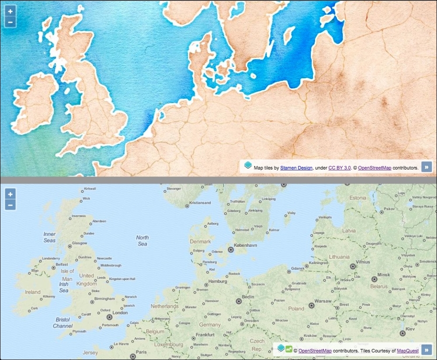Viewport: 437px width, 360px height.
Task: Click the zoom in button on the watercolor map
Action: tap(10, 11)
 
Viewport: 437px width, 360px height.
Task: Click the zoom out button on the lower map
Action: tap(10, 205)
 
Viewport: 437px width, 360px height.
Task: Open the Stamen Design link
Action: tap(296, 167)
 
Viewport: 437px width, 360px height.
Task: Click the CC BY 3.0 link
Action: tap(340, 167)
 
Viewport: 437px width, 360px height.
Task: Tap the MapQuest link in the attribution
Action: tap(408, 350)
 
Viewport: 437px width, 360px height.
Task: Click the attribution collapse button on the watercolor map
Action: tap(427, 166)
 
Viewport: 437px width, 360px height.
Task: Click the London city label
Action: tap(120, 313)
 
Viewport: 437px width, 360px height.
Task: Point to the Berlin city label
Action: tap(248, 297)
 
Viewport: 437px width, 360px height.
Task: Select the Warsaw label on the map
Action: tap(323, 301)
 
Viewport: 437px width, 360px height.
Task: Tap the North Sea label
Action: tap(142, 241)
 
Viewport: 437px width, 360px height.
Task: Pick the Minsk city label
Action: tap(384, 275)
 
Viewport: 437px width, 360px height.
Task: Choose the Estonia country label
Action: tap(358, 198)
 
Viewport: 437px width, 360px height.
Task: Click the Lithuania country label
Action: tap(339, 257)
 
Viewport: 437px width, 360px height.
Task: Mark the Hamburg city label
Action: tap(217, 282)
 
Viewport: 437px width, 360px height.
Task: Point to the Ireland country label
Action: tap(33, 292)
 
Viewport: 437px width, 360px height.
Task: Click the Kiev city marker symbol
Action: tap(402, 333)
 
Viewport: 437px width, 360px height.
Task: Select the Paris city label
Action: tap(141, 352)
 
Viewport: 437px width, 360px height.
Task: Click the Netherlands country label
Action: tap(164, 306)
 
